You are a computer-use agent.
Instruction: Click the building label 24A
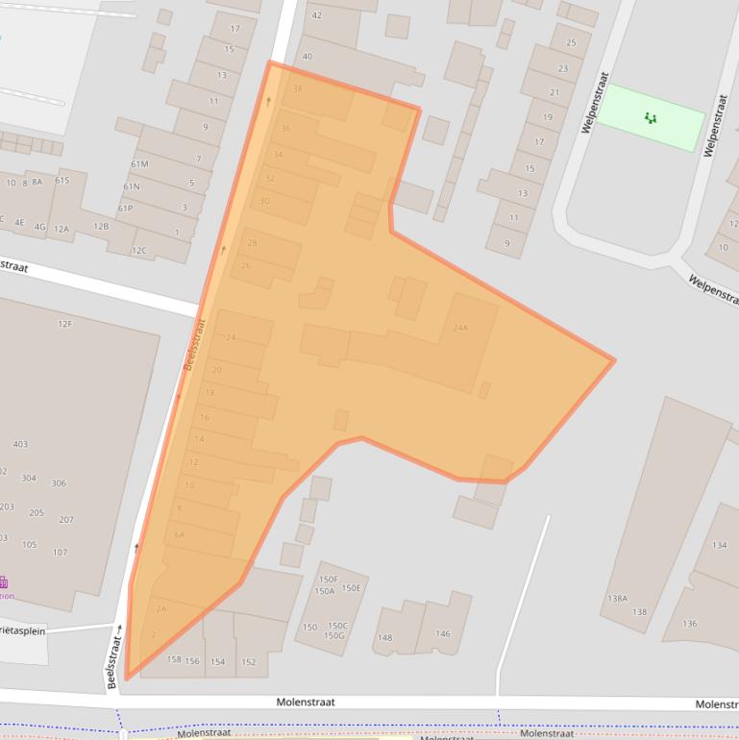point(460,328)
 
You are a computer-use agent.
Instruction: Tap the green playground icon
point(651,118)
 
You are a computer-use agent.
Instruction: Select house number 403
point(20,444)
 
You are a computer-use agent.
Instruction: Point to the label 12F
point(64,324)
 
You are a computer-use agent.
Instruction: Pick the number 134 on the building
point(719,545)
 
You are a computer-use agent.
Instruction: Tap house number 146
point(442,633)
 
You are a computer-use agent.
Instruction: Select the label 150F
point(329,580)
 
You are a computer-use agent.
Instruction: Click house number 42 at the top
point(317,15)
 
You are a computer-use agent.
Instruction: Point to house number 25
point(572,42)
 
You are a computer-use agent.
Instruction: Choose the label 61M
point(139,164)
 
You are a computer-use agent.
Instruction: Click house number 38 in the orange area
point(297,88)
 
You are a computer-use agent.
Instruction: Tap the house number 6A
point(180,535)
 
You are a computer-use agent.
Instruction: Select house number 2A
point(160,608)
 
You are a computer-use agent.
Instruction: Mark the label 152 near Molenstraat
point(248,661)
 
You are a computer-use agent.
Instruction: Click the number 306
point(59,483)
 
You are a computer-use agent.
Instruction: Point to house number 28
point(252,243)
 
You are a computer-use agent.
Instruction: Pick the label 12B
point(101,226)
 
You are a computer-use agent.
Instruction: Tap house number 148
point(384,637)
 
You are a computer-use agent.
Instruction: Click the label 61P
point(126,208)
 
